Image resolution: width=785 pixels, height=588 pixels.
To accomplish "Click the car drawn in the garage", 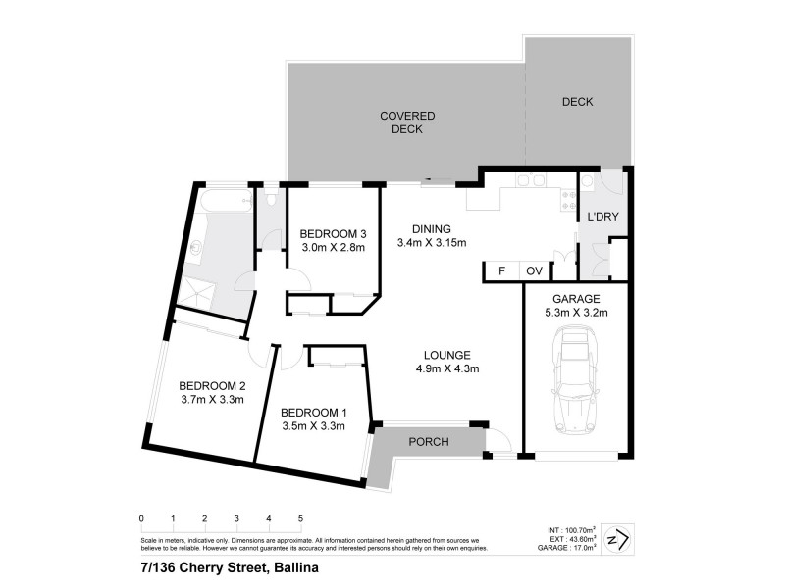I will coord(574,382).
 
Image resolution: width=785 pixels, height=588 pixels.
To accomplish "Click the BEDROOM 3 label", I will coord(333,234).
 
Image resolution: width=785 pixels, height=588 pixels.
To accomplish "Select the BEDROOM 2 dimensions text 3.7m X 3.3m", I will coord(211,399).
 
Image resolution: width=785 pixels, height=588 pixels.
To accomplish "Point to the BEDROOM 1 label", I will coord(312,412).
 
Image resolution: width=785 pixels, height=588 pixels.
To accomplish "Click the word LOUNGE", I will coord(446,355).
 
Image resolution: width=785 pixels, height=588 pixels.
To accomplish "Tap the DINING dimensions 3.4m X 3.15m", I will coord(431,243).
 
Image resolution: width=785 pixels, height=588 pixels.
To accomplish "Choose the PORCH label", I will coord(429,442).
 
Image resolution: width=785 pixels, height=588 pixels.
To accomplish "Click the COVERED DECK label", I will coord(407,122).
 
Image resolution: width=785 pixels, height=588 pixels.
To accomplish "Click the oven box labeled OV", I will coord(535,271).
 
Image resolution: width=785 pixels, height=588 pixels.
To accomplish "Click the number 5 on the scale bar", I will coord(300,518).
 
